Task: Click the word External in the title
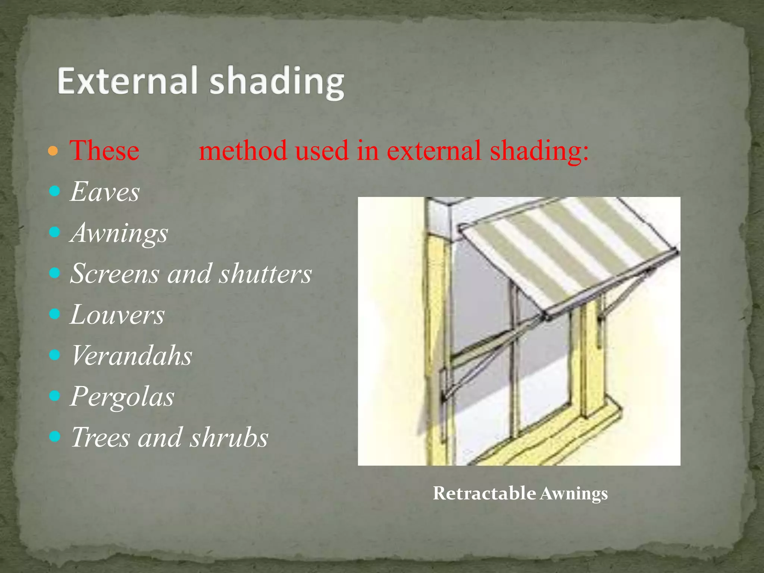click(127, 81)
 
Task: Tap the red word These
click(104, 150)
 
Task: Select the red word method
click(243, 150)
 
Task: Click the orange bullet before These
click(53, 151)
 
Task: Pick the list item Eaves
click(105, 192)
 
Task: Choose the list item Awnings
click(119, 233)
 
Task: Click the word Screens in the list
click(115, 273)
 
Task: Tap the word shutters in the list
click(265, 273)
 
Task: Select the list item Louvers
click(117, 314)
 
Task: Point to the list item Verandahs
click(131, 355)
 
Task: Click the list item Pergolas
click(122, 396)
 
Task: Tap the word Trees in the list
click(100, 437)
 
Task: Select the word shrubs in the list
click(229, 437)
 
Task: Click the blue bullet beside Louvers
click(54, 314)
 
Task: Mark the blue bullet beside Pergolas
click(54, 395)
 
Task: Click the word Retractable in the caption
click(484, 493)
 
